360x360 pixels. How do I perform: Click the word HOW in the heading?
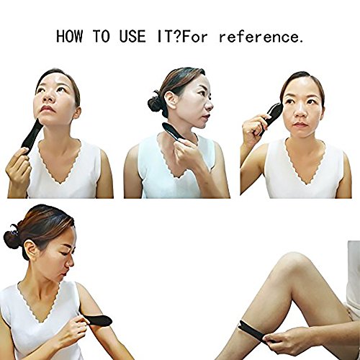pos(69,37)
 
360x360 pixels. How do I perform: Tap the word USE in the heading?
pos(132,37)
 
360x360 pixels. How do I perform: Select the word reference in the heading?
pos(258,37)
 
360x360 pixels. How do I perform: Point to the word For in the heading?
pos(194,37)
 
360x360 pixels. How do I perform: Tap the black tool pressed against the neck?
pos(174,132)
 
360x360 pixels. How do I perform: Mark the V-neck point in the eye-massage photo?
pos(306,184)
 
